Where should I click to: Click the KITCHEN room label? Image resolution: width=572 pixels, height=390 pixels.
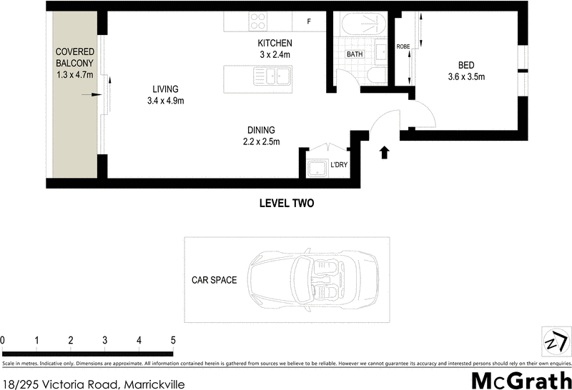click(274, 44)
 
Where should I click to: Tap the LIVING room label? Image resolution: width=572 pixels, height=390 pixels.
click(164, 89)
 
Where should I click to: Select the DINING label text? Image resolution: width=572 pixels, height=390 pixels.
click(262, 130)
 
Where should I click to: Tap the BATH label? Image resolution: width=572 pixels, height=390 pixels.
click(355, 54)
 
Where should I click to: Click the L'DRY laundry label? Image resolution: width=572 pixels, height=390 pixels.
click(339, 166)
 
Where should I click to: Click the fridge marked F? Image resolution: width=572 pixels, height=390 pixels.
click(309, 22)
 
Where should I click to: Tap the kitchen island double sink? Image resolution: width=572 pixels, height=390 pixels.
click(271, 75)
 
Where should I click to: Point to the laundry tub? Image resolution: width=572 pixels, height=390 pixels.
click(317, 169)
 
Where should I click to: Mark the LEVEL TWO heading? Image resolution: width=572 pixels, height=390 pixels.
click(286, 203)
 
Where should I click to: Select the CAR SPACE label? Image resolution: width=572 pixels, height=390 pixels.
click(213, 281)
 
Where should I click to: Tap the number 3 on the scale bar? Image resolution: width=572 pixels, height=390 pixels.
click(105, 340)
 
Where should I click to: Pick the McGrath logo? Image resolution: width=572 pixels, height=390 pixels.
click(521, 380)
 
